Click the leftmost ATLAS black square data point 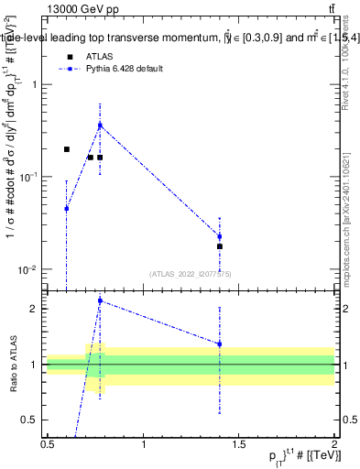(66, 149)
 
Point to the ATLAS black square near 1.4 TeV (220, 246)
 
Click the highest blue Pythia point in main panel (100, 125)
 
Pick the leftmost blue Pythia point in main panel (66, 209)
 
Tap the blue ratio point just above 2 (100, 300)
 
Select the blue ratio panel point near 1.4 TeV (220, 344)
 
